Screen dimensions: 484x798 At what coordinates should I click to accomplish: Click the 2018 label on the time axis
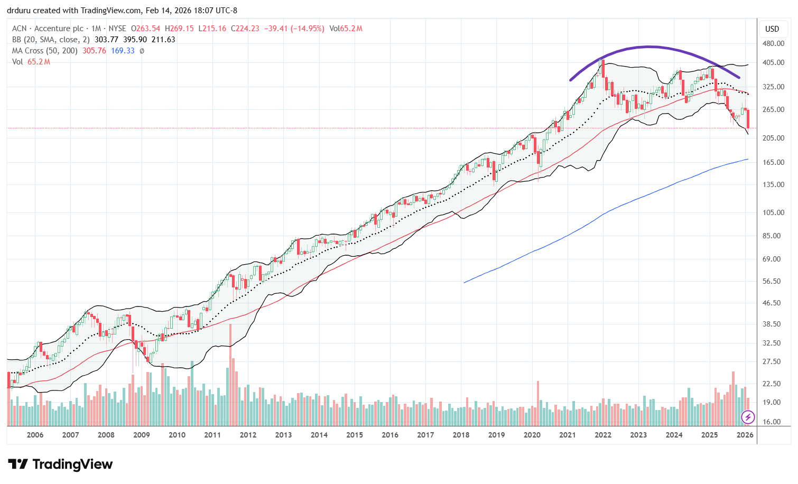coord(461,435)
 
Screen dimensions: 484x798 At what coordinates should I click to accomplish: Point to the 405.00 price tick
coord(772,62)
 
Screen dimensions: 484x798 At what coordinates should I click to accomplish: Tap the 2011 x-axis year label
coord(212,435)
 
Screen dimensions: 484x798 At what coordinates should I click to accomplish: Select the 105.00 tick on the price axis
coord(772,212)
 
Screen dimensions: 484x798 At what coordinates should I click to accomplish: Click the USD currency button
coord(772,29)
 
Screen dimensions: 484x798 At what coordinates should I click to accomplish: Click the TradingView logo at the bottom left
coord(60,464)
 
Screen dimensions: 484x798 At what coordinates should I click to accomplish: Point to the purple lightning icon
coord(748,417)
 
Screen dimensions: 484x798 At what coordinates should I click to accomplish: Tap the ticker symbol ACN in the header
coord(19,29)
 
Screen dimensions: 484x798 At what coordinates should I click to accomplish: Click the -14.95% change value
coord(310,29)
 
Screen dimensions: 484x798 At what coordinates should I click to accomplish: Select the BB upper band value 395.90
coord(134,40)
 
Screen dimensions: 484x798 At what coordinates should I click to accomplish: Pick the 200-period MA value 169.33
coord(123,51)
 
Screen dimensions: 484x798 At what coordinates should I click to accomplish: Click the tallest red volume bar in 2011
coord(230,375)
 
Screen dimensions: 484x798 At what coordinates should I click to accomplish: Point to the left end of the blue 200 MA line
coord(464,283)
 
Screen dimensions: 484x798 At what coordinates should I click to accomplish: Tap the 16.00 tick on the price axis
coord(772,422)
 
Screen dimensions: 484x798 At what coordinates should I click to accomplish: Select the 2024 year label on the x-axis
coord(674,435)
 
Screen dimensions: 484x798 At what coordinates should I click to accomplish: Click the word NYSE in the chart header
coord(117,29)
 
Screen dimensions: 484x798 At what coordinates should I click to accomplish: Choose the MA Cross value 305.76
coord(94,51)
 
